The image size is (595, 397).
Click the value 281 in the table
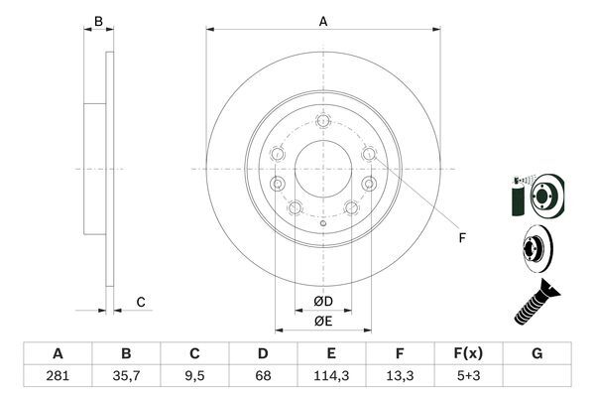58,377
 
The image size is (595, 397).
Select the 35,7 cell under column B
126,377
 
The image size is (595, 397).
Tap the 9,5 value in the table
194,377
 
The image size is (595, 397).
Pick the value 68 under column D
263,377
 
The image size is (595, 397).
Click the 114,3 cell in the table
331,377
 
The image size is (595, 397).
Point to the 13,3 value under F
400,377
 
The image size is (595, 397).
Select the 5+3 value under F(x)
468,377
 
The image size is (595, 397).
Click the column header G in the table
536,353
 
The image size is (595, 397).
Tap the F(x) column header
468,353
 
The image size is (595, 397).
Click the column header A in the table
58,353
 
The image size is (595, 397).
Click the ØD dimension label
323,301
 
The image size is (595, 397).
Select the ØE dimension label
323,321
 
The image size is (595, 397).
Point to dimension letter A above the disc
323,20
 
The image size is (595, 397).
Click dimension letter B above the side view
97,20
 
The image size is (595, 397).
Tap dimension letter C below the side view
141,302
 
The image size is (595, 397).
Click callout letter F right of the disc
461,237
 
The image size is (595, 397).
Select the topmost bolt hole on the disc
323,121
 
